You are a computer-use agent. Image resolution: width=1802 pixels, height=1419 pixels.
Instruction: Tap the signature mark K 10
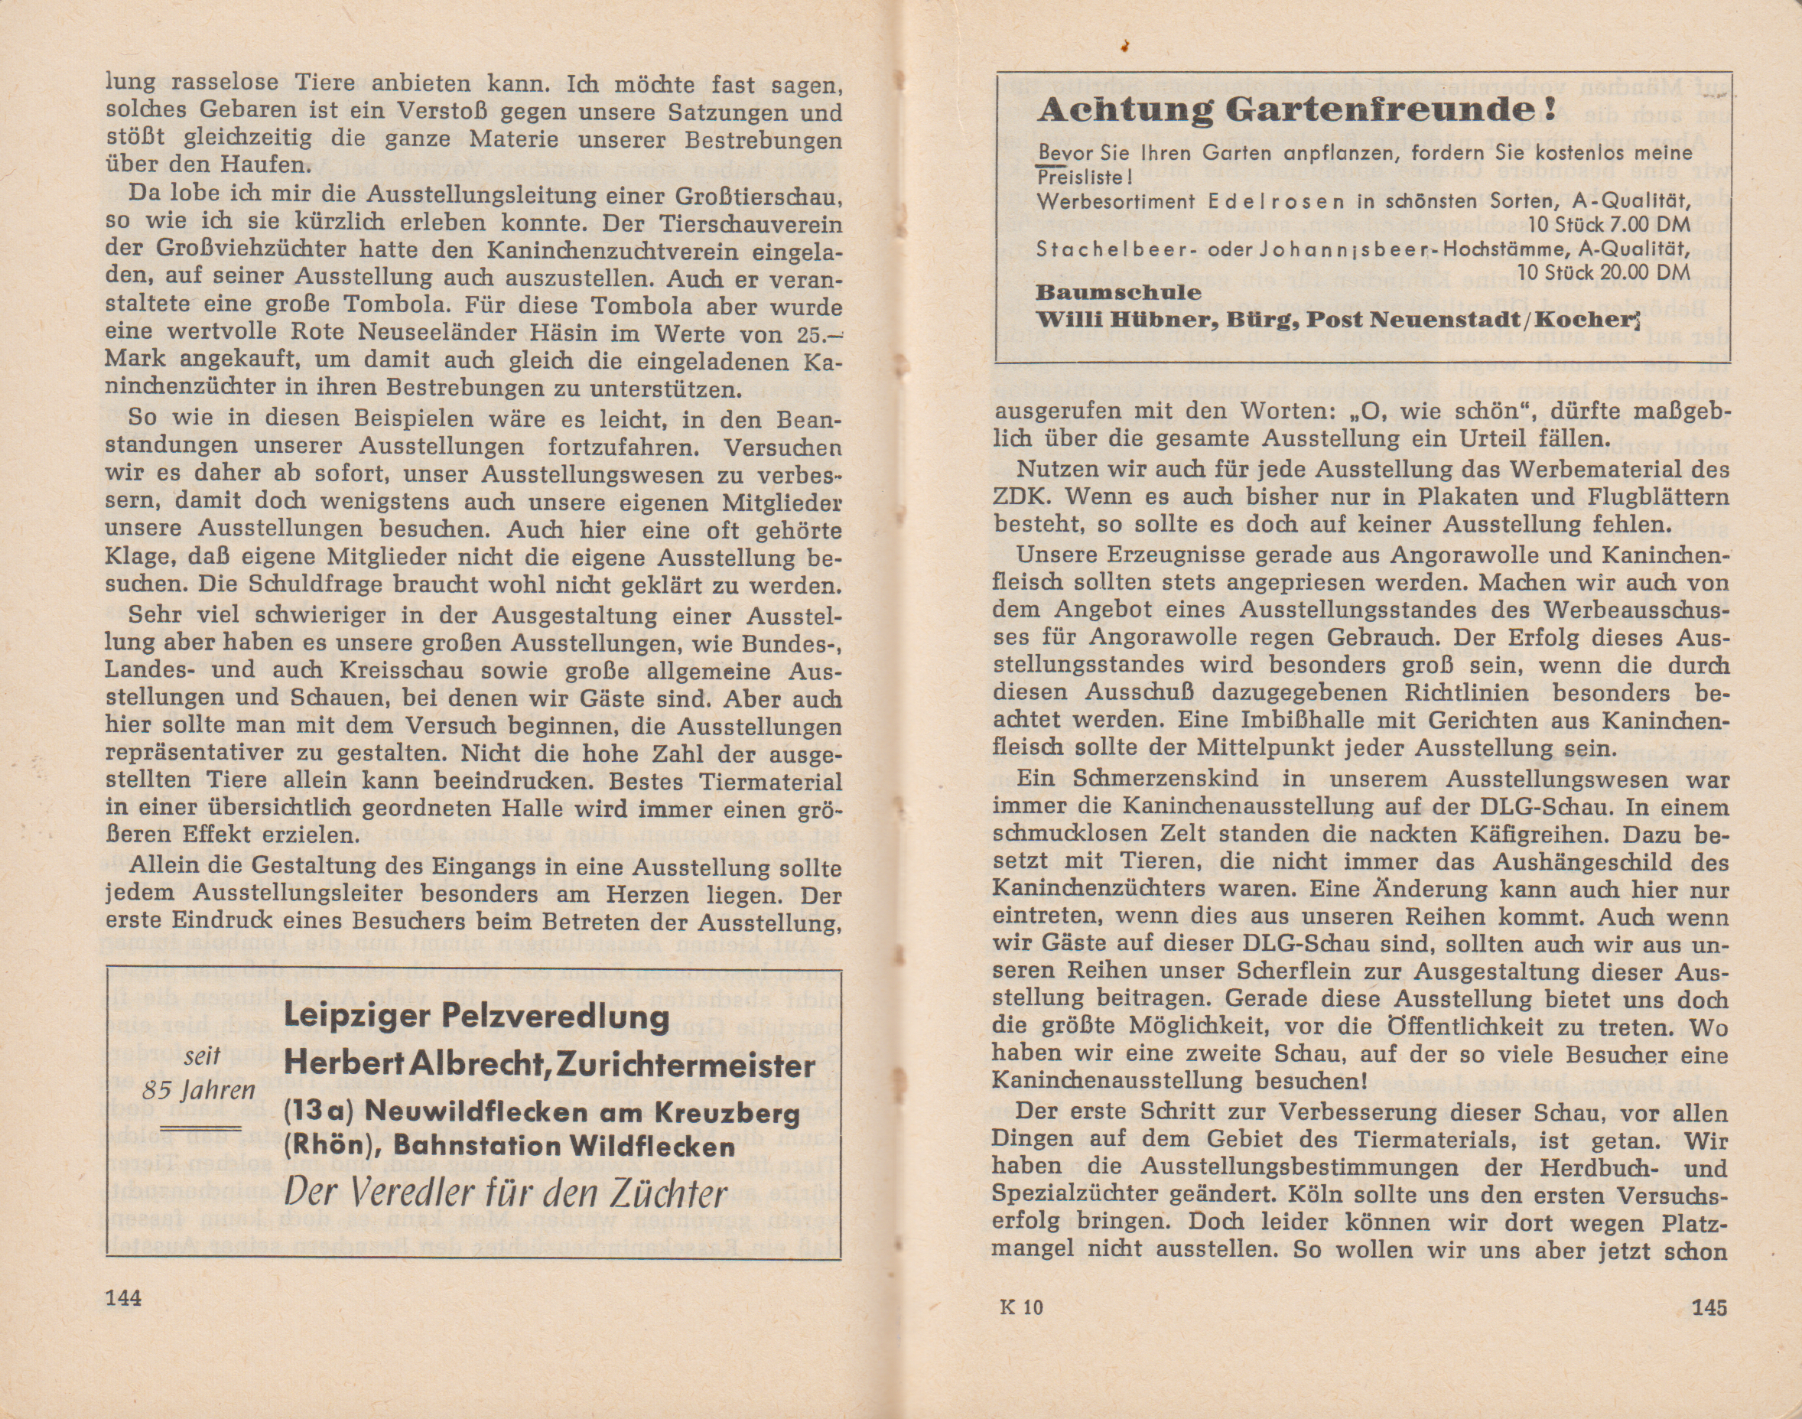[1021, 1307]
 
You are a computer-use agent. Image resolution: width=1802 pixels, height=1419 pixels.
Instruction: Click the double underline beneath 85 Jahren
[200, 1128]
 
